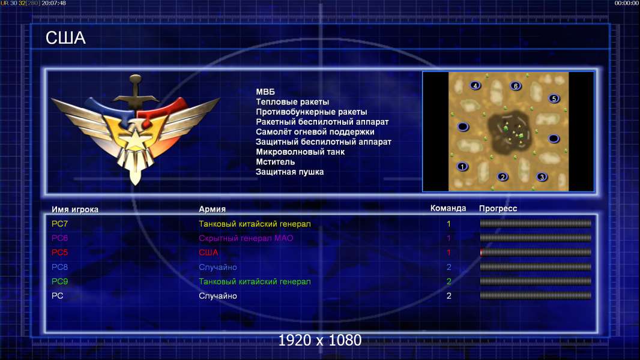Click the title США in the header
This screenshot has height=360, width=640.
click(65, 38)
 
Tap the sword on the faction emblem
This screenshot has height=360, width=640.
click(135, 92)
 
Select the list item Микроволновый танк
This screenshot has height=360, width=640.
click(300, 152)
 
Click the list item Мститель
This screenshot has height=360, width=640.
click(275, 162)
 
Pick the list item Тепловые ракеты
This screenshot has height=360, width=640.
click(292, 102)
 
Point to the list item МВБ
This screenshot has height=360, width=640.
click(265, 92)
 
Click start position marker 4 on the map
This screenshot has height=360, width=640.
click(475, 86)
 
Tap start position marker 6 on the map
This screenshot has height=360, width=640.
click(516, 86)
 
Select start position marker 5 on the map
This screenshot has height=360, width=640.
click(554, 98)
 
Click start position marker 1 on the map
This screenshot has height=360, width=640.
click(462, 166)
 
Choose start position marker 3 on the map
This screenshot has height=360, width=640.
click(542, 177)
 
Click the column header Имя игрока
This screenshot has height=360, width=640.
click(74, 209)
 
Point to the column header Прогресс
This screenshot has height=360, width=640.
click(498, 209)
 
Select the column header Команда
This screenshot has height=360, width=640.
click(448, 208)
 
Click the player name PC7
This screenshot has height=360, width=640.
click(59, 224)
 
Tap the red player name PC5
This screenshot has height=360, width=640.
click(59, 253)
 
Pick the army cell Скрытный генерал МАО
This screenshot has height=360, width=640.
click(246, 238)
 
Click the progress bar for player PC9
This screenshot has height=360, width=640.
click(536, 281)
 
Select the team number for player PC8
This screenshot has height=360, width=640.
click(448, 267)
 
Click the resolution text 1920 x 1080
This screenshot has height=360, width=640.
click(319, 340)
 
